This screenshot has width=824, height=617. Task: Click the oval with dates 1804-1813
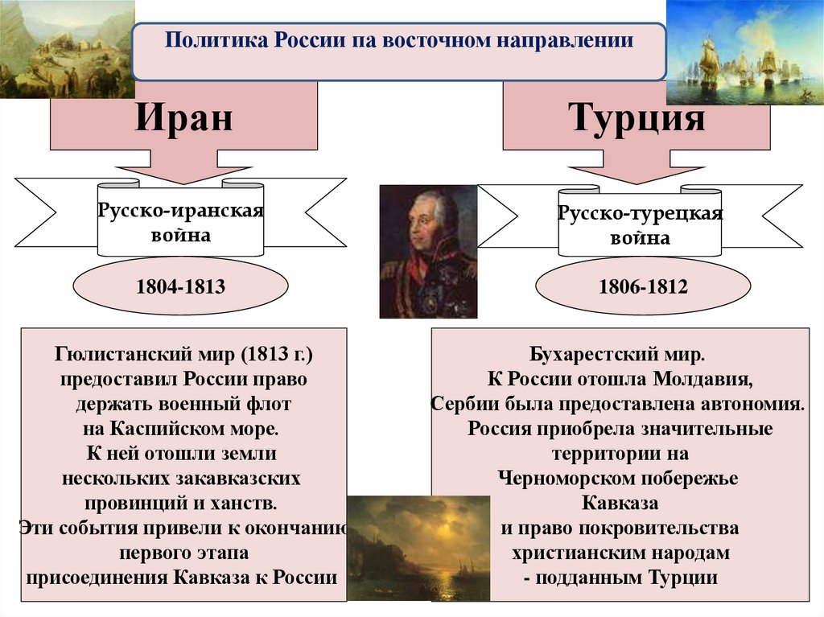[x=180, y=286]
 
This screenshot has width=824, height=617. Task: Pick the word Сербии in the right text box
[x=463, y=404]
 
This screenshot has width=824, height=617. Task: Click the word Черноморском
[x=565, y=479]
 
